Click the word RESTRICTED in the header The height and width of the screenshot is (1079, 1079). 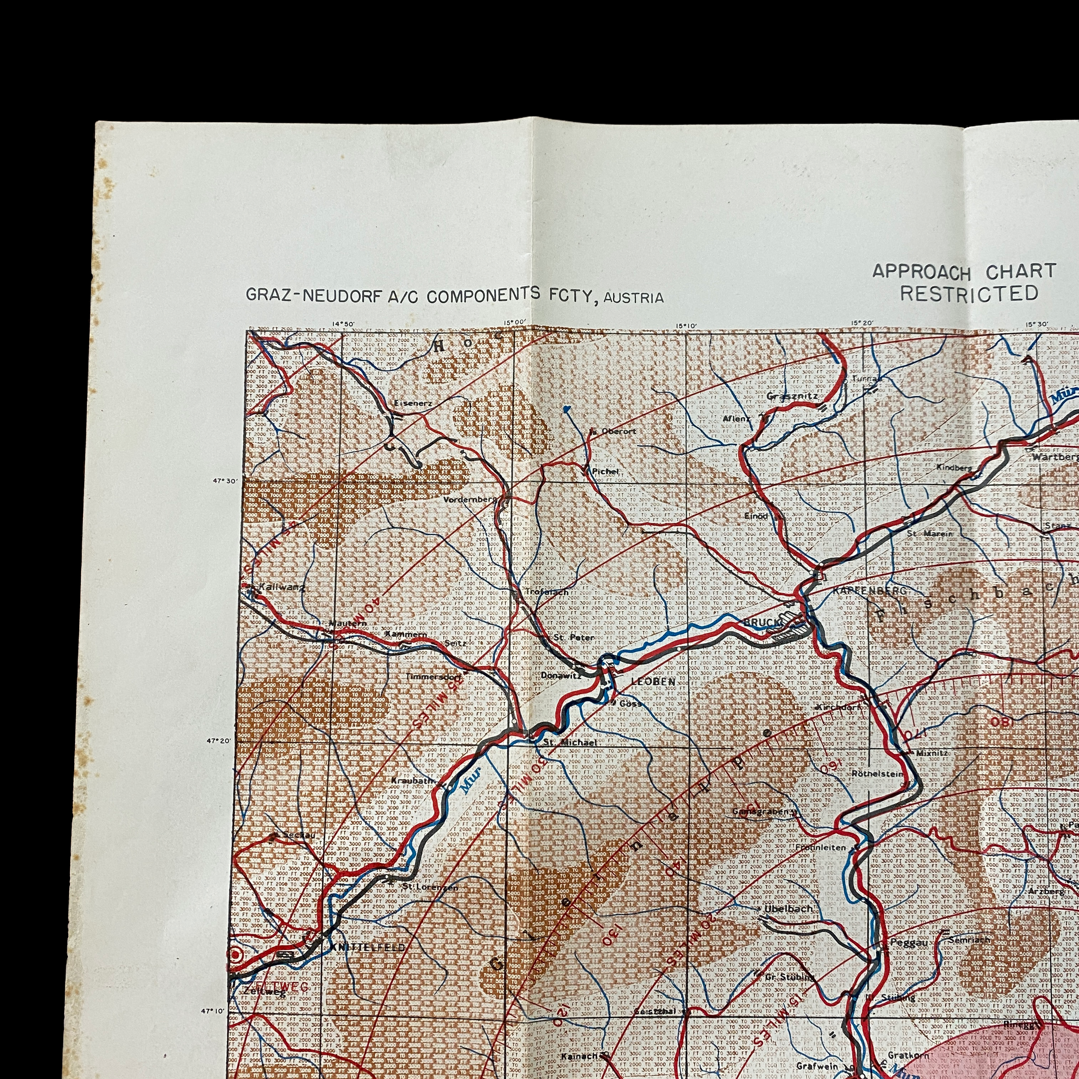coord(969,293)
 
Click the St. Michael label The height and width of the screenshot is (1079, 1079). coord(570,743)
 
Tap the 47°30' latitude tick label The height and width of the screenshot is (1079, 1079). coord(222,480)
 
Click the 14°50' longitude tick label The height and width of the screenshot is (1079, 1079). coord(343,323)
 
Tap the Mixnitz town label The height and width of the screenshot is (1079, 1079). coord(931,753)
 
